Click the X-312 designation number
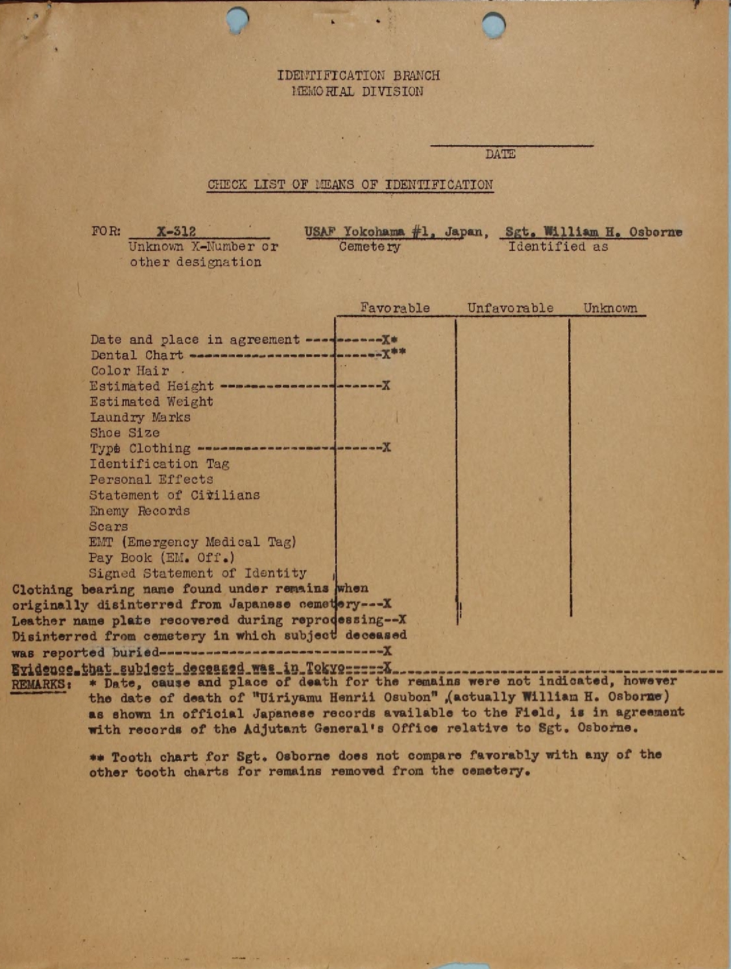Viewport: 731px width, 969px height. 176,232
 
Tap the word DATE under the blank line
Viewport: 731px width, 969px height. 500,154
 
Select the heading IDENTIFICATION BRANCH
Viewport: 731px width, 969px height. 358,75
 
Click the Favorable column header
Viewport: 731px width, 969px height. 395,308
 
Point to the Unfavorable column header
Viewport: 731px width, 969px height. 510,308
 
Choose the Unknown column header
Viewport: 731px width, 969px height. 610,308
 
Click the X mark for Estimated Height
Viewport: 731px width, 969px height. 386,386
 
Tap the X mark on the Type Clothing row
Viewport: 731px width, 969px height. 387,448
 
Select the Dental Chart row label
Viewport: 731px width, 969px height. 137,355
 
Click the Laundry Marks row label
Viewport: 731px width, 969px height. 140,418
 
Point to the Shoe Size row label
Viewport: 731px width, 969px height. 125,433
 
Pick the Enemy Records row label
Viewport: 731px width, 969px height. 139,511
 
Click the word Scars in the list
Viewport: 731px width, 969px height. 108,527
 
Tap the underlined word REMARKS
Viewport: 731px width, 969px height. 38,684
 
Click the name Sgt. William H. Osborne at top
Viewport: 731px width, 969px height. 593,232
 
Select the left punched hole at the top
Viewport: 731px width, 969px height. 238,19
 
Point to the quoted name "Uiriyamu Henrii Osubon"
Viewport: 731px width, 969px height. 260,698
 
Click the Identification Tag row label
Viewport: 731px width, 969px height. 159,464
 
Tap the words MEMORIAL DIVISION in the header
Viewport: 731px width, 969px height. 358,91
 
